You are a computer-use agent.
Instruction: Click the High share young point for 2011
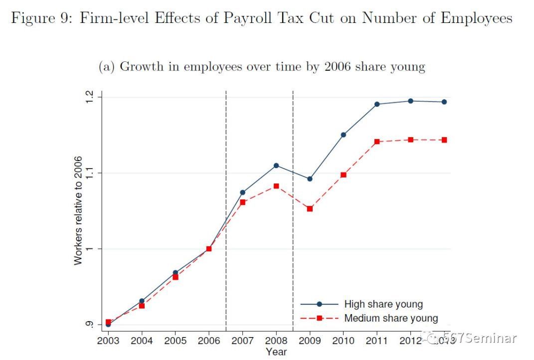(x=377, y=104)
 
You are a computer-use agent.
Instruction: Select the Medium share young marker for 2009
(x=310, y=209)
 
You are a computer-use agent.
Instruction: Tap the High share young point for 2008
(x=276, y=166)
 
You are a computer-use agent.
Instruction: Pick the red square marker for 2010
(x=344, y=175)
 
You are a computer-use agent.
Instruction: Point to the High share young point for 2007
(x=243, y=192)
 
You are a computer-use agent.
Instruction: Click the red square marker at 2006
(x=209, y=248)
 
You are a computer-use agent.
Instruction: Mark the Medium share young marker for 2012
(x=410, y=140)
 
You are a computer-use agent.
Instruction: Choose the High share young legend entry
(x=383, y=304)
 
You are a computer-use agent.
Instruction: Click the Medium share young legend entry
(x=391, y=318)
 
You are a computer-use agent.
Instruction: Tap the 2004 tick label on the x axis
(x=142, y=341)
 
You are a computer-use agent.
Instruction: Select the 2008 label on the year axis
(x=276, y=341)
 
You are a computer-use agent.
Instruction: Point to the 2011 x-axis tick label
(x=377, y=341)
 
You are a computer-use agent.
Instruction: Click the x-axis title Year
(x=276, y=352)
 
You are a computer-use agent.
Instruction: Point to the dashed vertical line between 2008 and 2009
(x=293, y=150)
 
